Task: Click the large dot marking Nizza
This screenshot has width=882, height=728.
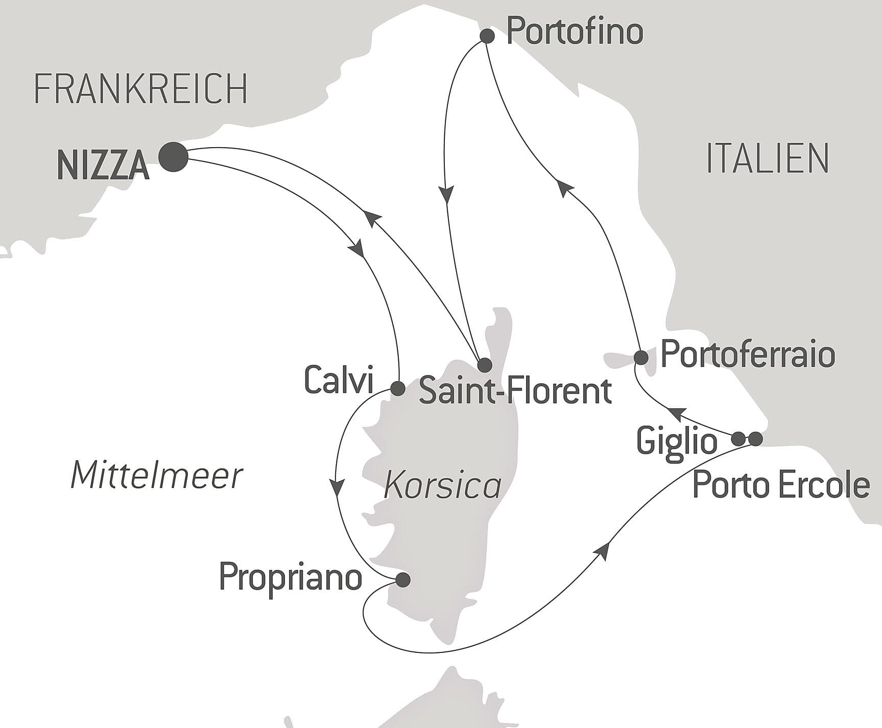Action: point(173,156)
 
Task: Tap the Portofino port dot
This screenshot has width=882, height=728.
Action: point(487,36)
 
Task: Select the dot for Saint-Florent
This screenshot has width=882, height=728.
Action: point(484,365)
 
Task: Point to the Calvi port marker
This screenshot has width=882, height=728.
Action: point(398,389)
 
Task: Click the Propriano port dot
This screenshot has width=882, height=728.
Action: point(403,579)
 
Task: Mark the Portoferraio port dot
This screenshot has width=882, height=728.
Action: point(640,357)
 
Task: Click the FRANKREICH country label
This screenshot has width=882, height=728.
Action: point(141,88)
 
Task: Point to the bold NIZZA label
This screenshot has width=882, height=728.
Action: point(103,166)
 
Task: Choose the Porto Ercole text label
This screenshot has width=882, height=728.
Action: point(781,485)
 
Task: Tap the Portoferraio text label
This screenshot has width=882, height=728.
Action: point(748,354)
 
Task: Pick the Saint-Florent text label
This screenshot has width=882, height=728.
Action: point(515,391)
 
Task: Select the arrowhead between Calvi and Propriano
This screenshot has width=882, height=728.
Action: point(337,487)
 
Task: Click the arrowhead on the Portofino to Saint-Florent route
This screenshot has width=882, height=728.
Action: point(447,196)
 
